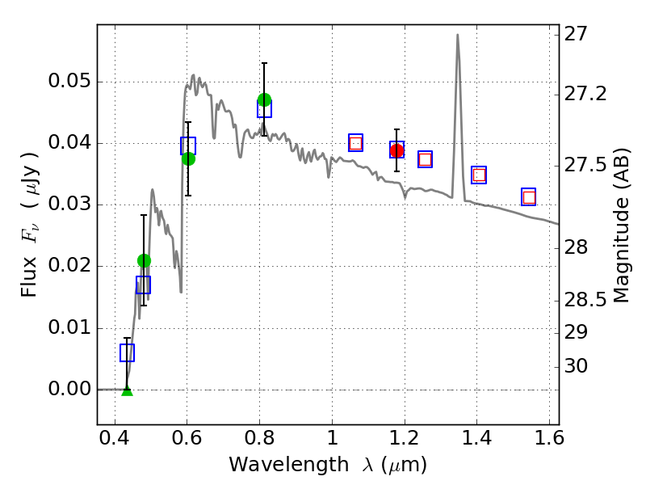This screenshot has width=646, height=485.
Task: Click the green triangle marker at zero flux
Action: click(127, 390)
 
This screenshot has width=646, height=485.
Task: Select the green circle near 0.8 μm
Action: click(264, 99)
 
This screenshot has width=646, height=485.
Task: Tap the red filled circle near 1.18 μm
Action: click(396, 150)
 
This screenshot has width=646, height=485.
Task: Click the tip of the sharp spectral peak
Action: click(458, 35)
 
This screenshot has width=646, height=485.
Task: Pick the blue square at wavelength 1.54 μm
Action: click(529, 197)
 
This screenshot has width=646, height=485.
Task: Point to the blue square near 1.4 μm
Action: click(479, 175)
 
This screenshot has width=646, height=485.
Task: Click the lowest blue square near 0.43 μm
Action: click(127, 352)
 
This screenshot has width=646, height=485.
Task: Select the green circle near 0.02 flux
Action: click(144, 260)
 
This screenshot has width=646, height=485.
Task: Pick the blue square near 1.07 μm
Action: click(355, 142)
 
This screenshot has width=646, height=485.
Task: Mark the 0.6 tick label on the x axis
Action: click(187, 442)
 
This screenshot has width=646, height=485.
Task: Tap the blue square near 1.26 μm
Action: click(425, 159)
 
